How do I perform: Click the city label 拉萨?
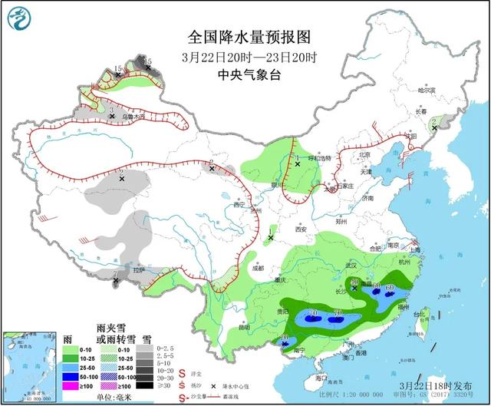click(138, 270)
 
